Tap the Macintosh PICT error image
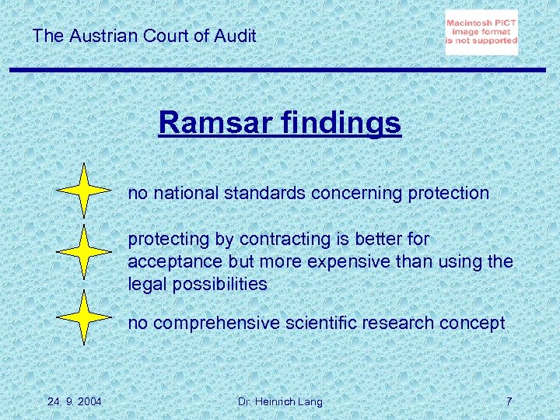pyautogui.click(x=481, y=33)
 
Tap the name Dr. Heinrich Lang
pyautogui.click(x=279, y=401)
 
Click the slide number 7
pyautogui.click(x=509, y=401)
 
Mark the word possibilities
pyautogui.click(x=219, y=285)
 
